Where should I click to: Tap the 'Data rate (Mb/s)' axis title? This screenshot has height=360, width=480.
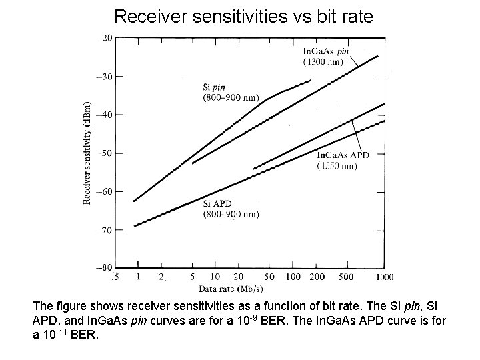[229, 289]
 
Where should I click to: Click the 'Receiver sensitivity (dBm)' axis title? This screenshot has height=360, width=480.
[87, 153]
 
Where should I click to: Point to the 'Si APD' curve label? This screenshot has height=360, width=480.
[217, 203]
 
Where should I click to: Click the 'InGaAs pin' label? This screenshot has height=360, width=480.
[325, 51]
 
